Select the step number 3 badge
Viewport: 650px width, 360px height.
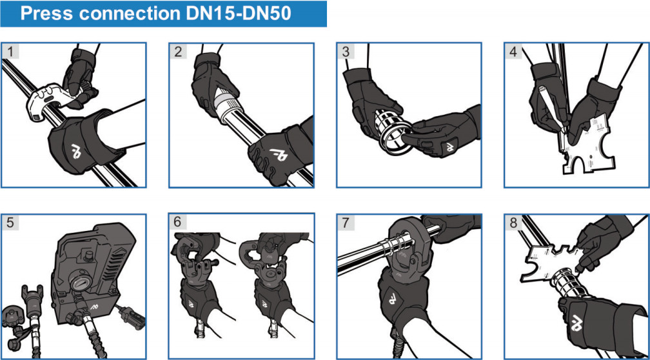click(346, 52)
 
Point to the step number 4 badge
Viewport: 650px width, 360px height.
click(514, 52)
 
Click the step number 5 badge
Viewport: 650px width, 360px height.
click(11, 223)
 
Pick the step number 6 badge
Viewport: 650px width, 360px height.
click(178, 223)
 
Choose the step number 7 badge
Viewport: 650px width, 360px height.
click(346, 223)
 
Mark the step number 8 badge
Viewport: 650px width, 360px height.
click(513, 223)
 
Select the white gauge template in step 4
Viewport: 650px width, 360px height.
click(589, 146)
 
